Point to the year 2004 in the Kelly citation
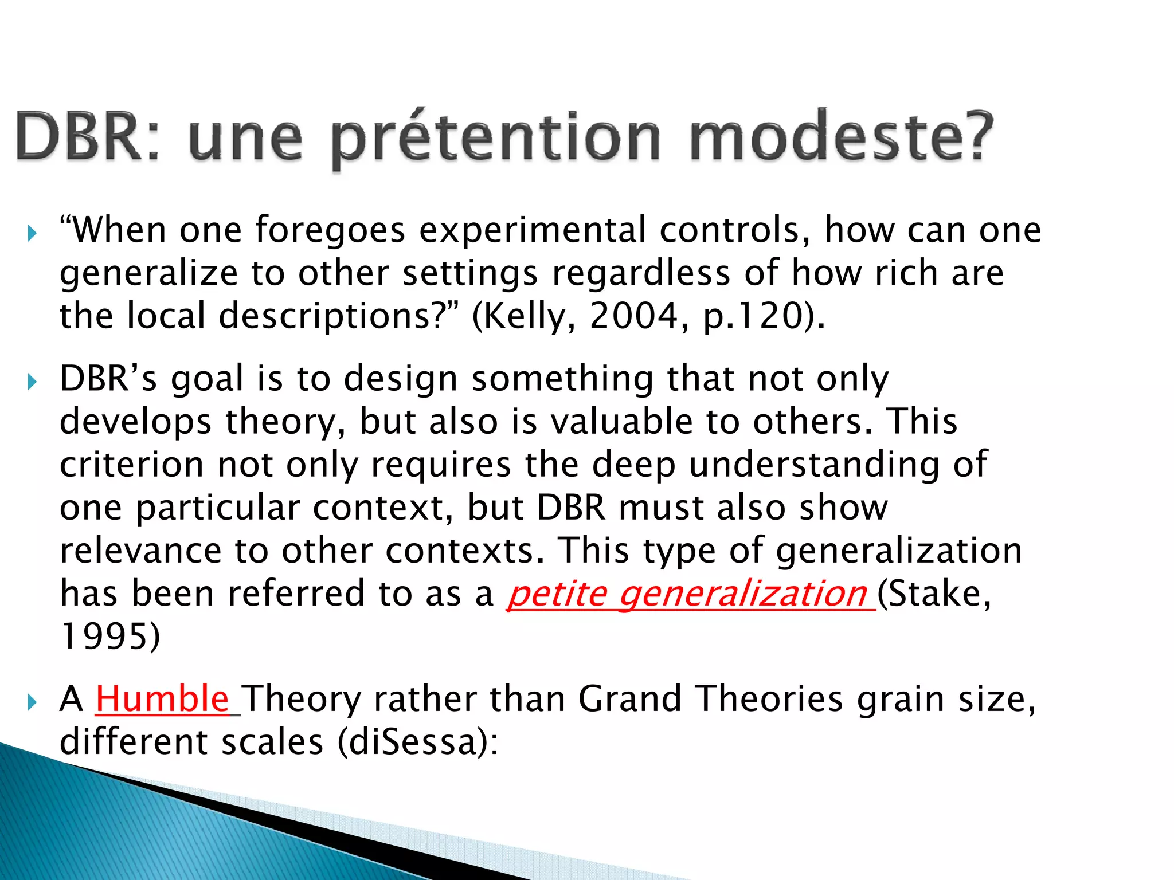point(633,316)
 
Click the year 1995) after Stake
point(110,636)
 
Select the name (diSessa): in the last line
point(418,742)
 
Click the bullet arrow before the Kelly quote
point(32,233)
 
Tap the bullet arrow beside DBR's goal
point(32,382)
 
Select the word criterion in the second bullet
point(131,464)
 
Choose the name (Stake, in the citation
point(934,594)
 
